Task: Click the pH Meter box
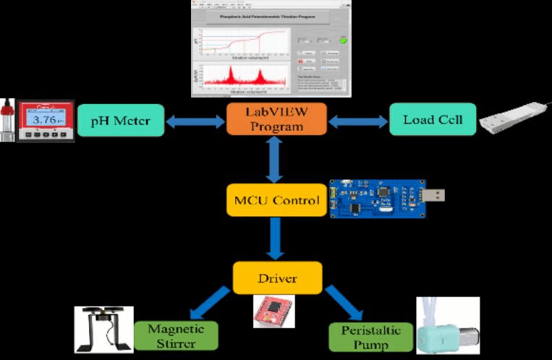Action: [120, 120]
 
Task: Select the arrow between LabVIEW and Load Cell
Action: [357, 121]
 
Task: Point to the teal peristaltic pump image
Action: [444, 329]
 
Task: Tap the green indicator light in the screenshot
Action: [343, 40]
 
